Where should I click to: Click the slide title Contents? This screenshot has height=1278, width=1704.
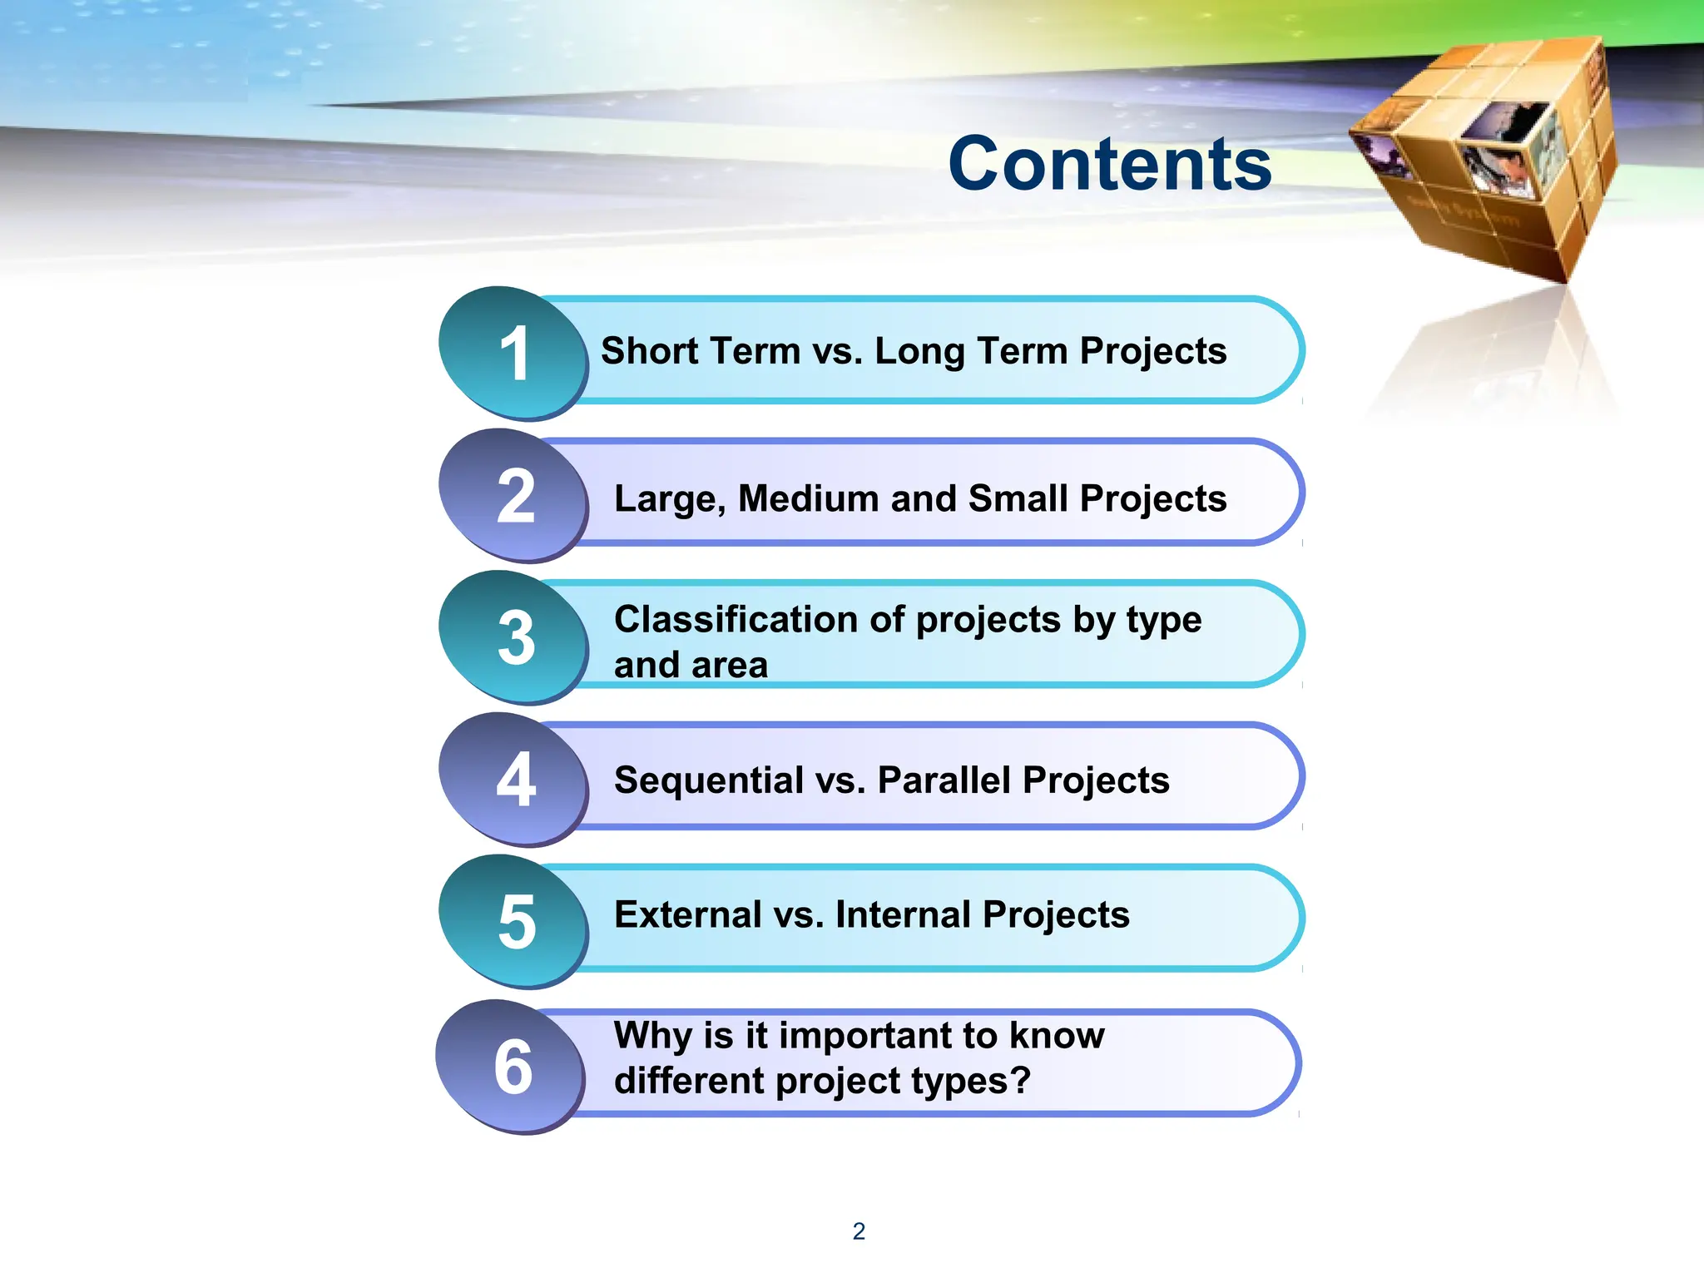coord(1109,164)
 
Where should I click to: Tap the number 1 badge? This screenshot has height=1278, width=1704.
coord(514,354)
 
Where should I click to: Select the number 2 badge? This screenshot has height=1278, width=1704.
coord(514,496)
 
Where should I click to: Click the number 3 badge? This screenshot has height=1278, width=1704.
coord(514,638)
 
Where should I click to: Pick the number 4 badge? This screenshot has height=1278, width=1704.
coord(514,780)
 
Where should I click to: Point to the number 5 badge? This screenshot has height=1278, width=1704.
coord(514,922)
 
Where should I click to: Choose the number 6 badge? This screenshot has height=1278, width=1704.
coord(512,1067)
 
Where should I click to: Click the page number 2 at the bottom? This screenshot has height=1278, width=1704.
coord(859,1231)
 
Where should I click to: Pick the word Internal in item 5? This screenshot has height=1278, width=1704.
coord(902,915)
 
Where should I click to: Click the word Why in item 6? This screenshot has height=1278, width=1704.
coord(653,1037)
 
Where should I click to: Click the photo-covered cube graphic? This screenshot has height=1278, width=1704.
coord(1485,158)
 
